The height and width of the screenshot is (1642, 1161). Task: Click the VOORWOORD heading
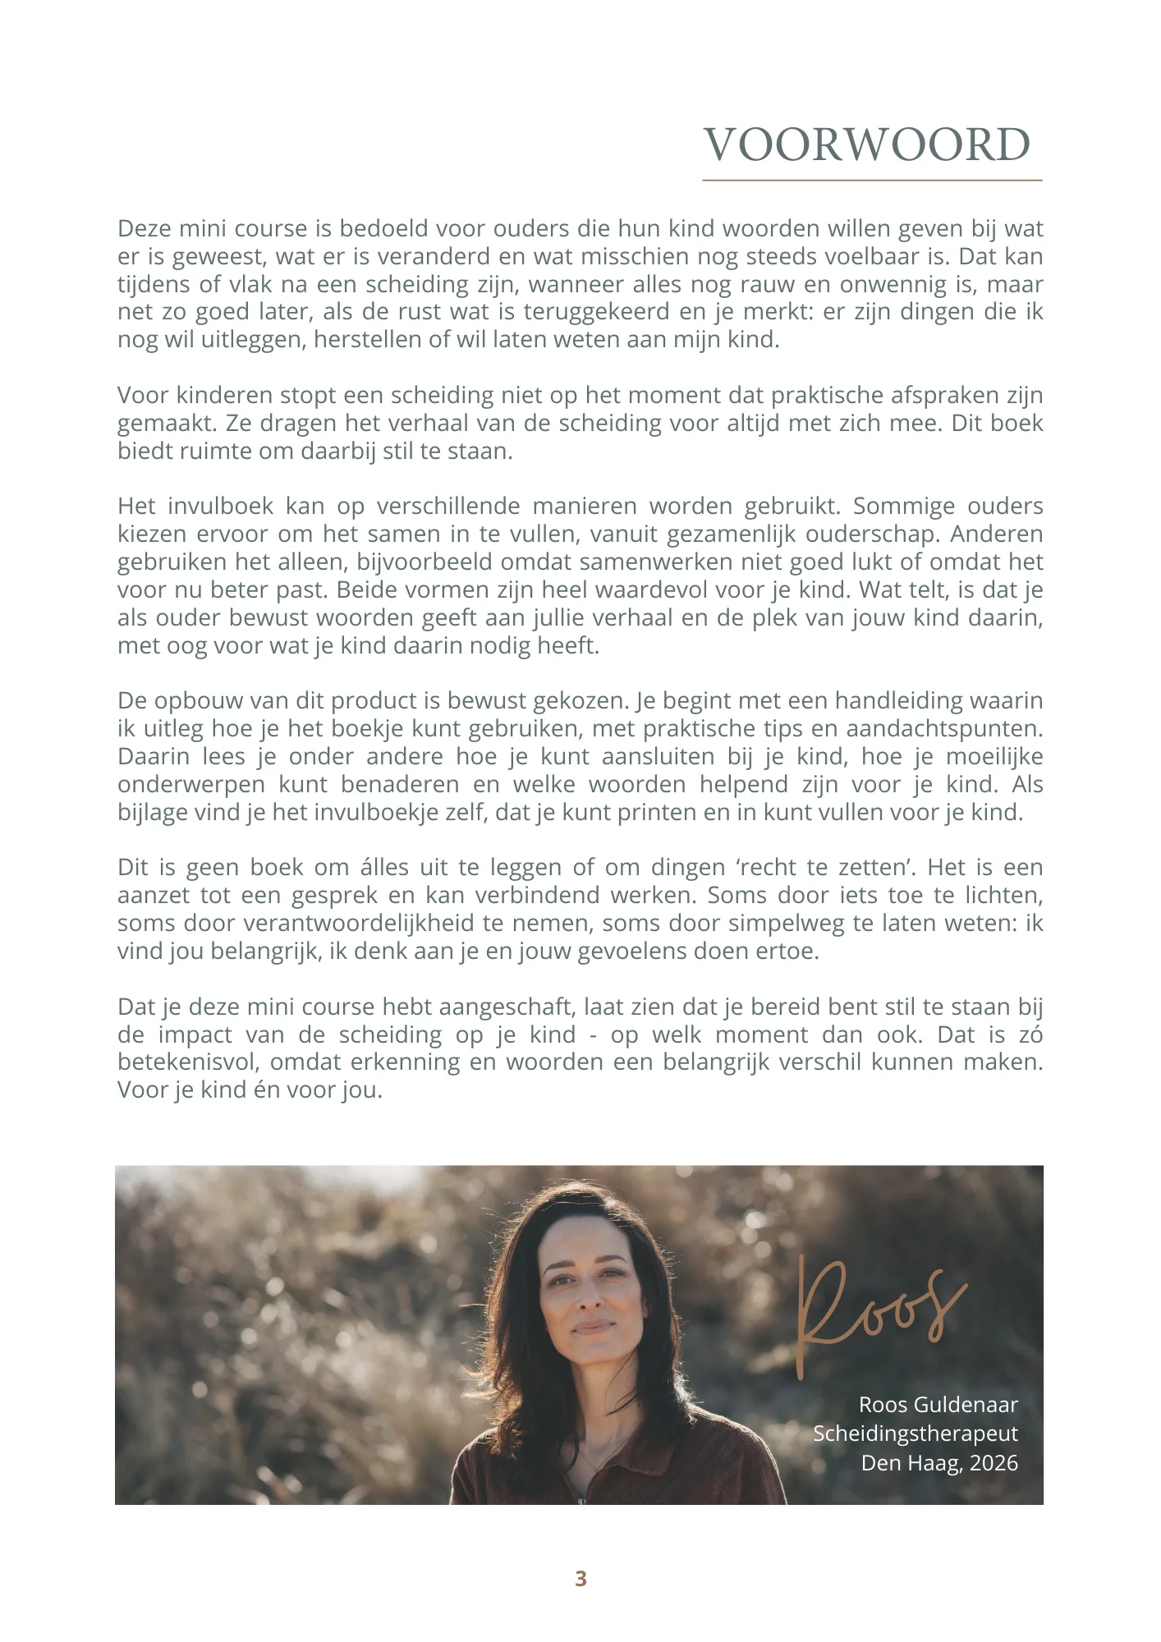(867, 145)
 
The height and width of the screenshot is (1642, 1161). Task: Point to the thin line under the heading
(872, 180)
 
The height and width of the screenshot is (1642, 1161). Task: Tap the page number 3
(580, 1579)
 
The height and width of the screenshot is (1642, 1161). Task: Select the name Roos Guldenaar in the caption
(938, 1405)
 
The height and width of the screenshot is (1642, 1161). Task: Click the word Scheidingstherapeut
(915, 1433)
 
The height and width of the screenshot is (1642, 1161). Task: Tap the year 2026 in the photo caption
(994, 1463)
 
